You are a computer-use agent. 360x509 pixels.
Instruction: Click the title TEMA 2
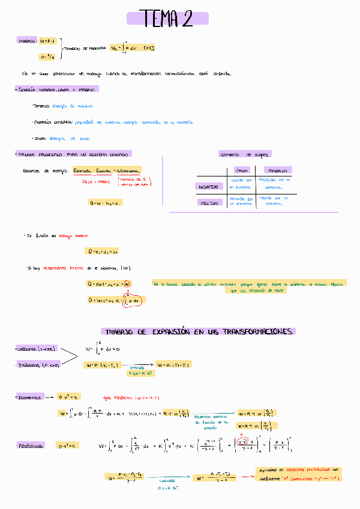tap(167, 19)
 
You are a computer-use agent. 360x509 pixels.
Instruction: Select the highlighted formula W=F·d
tap(47, 41)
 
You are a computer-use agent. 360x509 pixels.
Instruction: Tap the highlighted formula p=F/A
tap(47, 57)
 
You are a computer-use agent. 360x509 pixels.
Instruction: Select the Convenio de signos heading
tap(245, 154)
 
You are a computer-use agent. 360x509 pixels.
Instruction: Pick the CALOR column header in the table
tap(241, 170)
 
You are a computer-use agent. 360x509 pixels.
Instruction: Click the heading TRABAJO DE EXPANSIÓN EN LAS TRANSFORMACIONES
tap(198, 331)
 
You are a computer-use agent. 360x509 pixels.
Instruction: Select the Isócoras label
tap(38, 349)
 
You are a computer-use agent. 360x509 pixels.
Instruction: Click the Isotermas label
tap(30, 397)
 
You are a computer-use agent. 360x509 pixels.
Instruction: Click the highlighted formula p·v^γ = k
tap(67, 445)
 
